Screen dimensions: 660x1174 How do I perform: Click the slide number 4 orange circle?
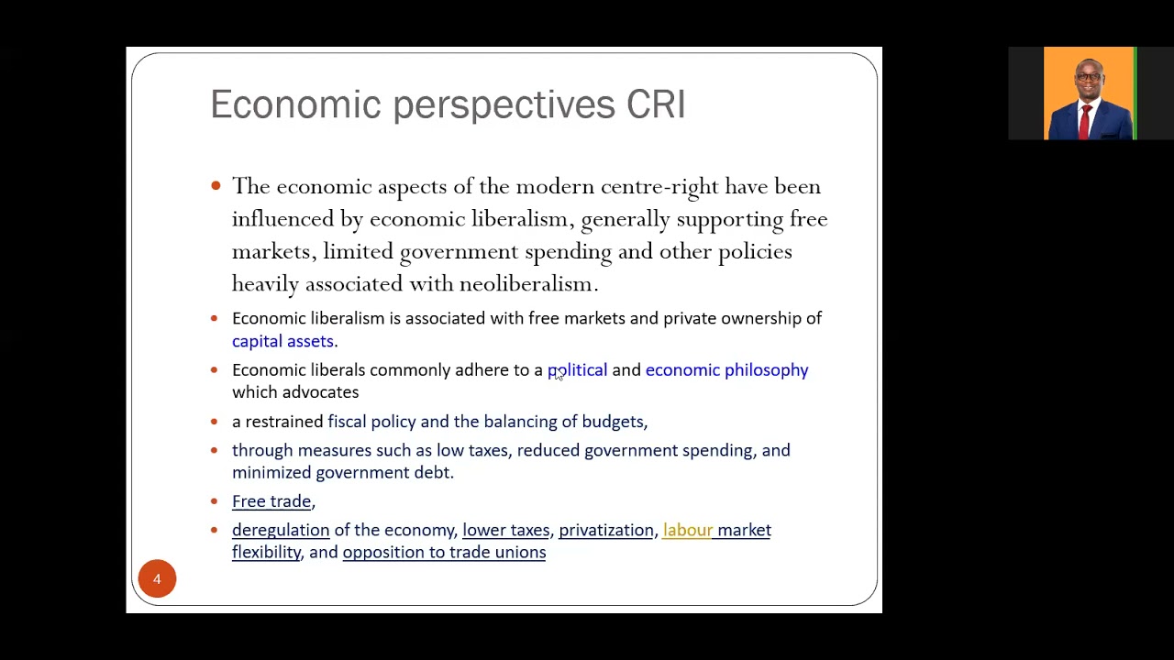point(157,579)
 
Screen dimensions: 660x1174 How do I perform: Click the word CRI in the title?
point(656,104)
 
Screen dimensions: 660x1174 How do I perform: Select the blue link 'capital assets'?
point(282,341)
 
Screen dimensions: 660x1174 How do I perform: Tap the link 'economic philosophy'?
point(726,369)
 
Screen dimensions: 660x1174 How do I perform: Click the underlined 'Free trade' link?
point(271,501)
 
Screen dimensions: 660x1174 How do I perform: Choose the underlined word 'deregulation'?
point(281,530)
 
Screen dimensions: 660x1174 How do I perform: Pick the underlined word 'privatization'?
point(606,530)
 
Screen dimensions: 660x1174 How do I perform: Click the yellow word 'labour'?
point(687,530)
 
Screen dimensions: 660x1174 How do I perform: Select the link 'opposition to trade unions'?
point(444,552)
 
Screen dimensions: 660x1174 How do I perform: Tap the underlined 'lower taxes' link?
point(505,530)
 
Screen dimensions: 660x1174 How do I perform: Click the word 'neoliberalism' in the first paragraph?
point(527,284)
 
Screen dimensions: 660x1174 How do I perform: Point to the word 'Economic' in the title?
point(295,104)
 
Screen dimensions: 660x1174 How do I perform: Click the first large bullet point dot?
point(216,186)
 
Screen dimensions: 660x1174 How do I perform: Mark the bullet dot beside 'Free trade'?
point(215,501)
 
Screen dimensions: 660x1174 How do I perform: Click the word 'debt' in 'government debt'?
point(433,472)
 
